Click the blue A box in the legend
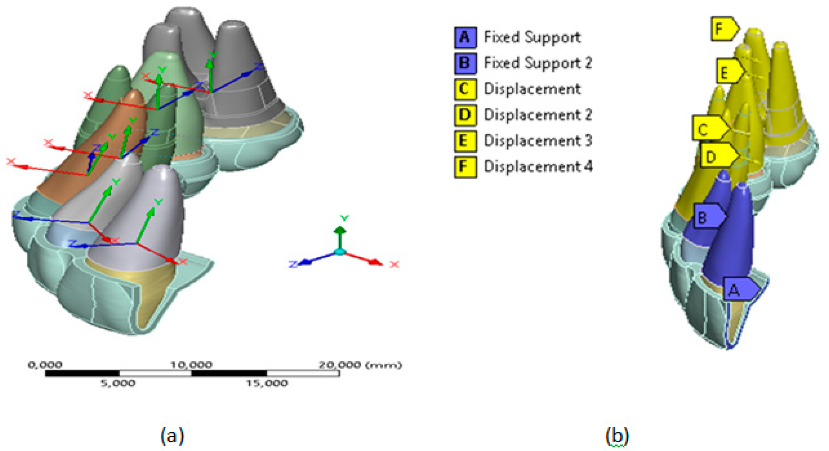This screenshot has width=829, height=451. click(x=465, y=37)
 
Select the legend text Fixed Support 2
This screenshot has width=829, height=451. click(x=538, y=63)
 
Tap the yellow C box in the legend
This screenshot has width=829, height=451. click(x=465, y=89)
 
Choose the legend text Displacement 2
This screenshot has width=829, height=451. click(x=538, y=115)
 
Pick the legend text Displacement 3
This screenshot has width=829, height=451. click(x=538, y=141)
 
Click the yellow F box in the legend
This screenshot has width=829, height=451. click(x=465, y=167)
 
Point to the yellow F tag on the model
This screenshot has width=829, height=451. click(x=723, y=29)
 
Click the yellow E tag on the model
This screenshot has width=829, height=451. click(x=729, y=72)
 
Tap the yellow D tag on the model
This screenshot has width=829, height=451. click(x=717, y=156)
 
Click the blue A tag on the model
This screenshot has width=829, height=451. click(x=739, y=289)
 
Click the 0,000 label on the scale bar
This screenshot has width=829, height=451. click(x=45, y=365)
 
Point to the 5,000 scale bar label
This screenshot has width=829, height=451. click(x=118, y=384)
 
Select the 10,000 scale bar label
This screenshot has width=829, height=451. click(x=191, y=365)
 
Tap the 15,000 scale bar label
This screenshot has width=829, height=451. click(x=267, y=384)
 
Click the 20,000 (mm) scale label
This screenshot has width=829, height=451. click(x=360, y=365)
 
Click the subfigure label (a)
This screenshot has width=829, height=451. click(x=172, y=435)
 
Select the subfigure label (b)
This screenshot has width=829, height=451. click(x=617, y=435)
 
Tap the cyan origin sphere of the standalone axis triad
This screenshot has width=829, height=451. click(x=340, y=251)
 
